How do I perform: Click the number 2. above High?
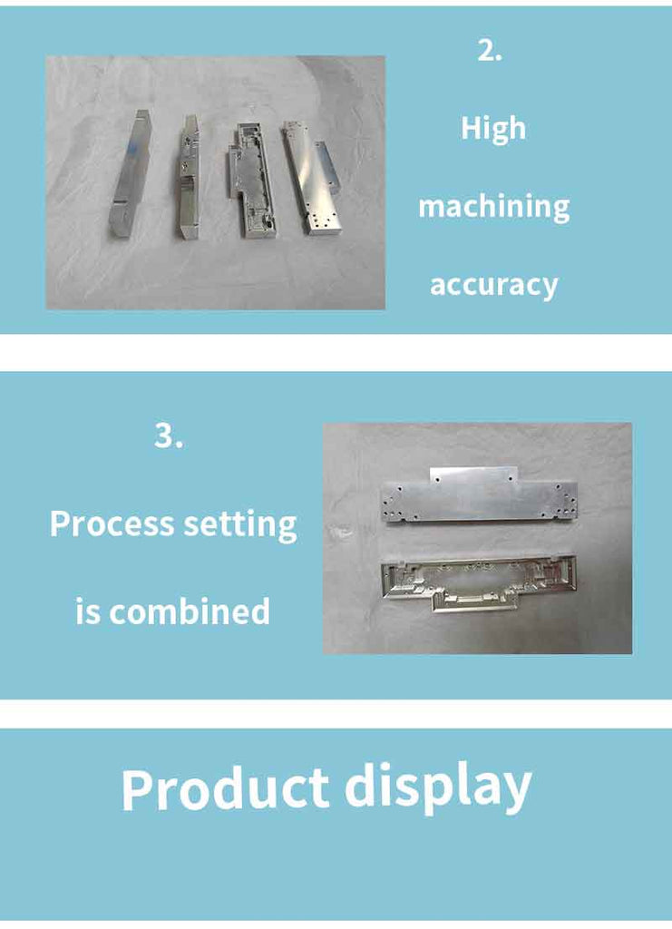(x=490, y=51)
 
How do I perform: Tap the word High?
(x=493, y=129)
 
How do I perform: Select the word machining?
(x=493, y=207)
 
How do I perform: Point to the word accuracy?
(x=493, y=285)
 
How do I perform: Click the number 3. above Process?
(x=169, y=436)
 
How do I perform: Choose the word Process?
(x=112, y=523)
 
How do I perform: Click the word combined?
(x=190, y=611)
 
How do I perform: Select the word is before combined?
(x=88, y=612)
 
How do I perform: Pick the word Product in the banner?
(x=225, y=788)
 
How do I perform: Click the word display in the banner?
(x=438, y=787)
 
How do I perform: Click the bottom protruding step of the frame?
(x=475, y=602)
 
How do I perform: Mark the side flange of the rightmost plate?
(x=329, y=167)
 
